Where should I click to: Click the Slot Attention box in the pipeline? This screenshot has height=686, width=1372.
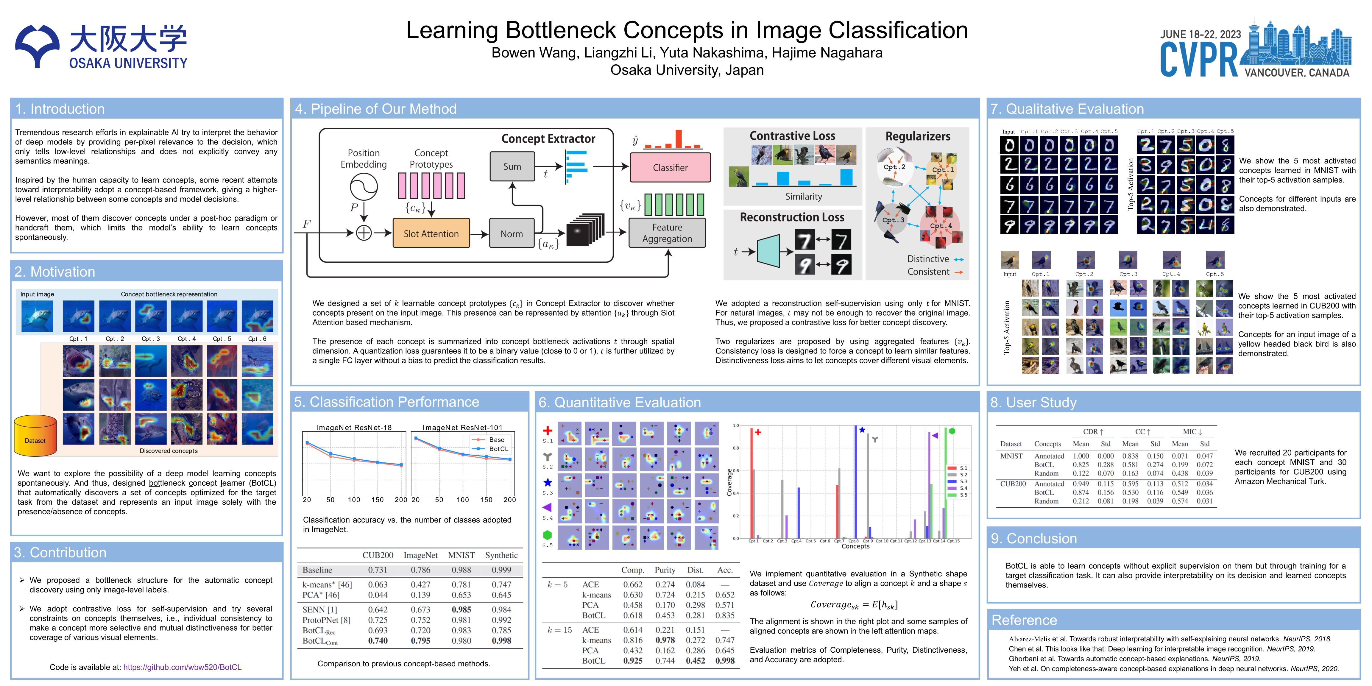pyautogui.click(x=431, y=233)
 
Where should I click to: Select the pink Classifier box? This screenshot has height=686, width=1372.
pyautogui.click(x=670, y=167)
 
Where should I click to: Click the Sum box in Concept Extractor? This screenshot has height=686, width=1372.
pyautogui.click(x=512, y=166)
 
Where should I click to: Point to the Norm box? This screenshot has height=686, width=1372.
pyautogui.click(x=511, y=233)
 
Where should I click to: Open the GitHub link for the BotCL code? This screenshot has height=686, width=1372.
pyautogui.click(x=182, y=667)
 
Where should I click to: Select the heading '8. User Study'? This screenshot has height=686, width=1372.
pyautogui.click(x=1033, y=403)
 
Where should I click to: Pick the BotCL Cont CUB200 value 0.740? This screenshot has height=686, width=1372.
pyautogui.click(x=378, y=641)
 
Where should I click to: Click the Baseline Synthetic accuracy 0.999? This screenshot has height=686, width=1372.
pyautogui.click(x=501, y=570)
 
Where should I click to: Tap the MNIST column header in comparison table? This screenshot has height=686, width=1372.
pyautogui.click(x=461, y=555)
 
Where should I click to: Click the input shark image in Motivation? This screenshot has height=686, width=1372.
pyautogui.click(x=37, y=317)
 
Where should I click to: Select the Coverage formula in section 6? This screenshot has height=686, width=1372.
pyautogui.click(x=854, y=604)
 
